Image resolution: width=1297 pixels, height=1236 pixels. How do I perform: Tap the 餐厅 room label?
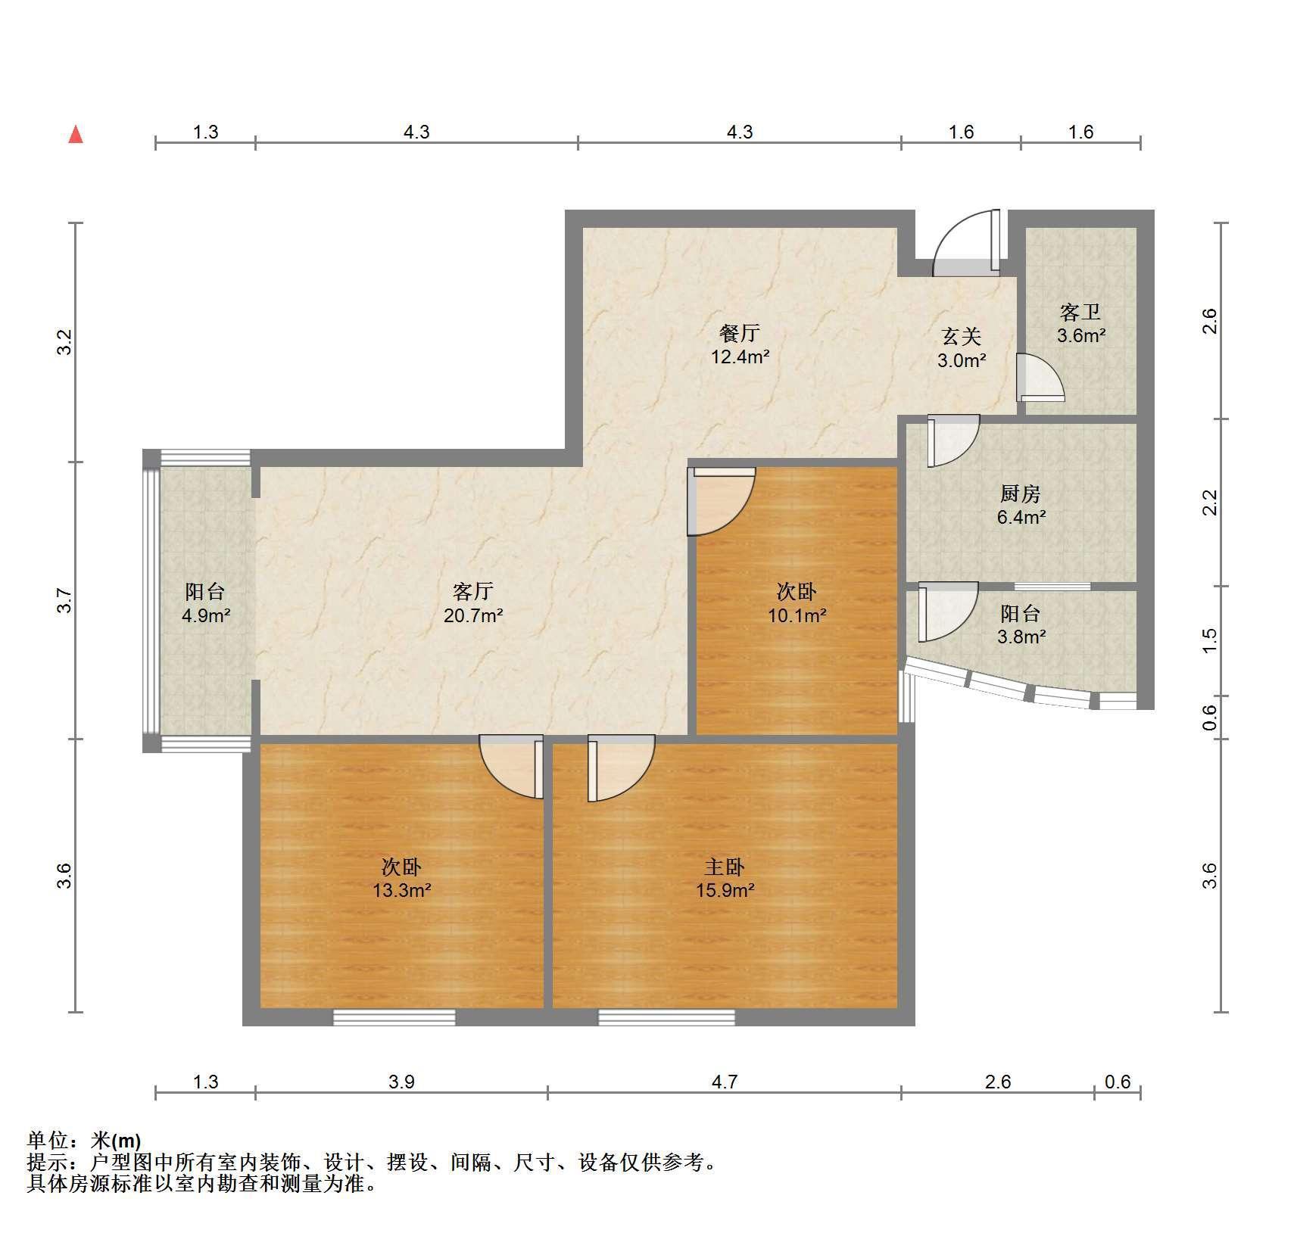point(740,333)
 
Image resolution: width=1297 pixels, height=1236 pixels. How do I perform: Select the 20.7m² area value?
point(473,615)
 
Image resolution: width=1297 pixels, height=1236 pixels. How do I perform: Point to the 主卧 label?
point(725,867)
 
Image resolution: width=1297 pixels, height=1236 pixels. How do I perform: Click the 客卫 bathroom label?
point(1080,312)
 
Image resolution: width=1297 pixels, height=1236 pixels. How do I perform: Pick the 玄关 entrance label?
point(962,336)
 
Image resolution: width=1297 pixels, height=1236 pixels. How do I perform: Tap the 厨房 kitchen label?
point(1021,494)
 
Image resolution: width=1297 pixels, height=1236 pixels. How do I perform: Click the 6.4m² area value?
point(1021,518)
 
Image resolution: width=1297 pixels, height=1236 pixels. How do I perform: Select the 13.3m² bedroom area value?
point(401,890)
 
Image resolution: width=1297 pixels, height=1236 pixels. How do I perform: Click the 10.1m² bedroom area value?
point(797,615)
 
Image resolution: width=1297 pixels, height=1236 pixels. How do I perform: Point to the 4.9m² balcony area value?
point(206,615)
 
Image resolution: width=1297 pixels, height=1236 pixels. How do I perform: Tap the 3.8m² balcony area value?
point(1021,637)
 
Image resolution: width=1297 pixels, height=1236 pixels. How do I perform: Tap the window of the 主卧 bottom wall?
point(667,1017)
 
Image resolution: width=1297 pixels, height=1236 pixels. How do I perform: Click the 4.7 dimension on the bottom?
point(724,1082)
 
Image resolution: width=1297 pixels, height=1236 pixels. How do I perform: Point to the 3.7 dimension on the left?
point(66,600)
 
